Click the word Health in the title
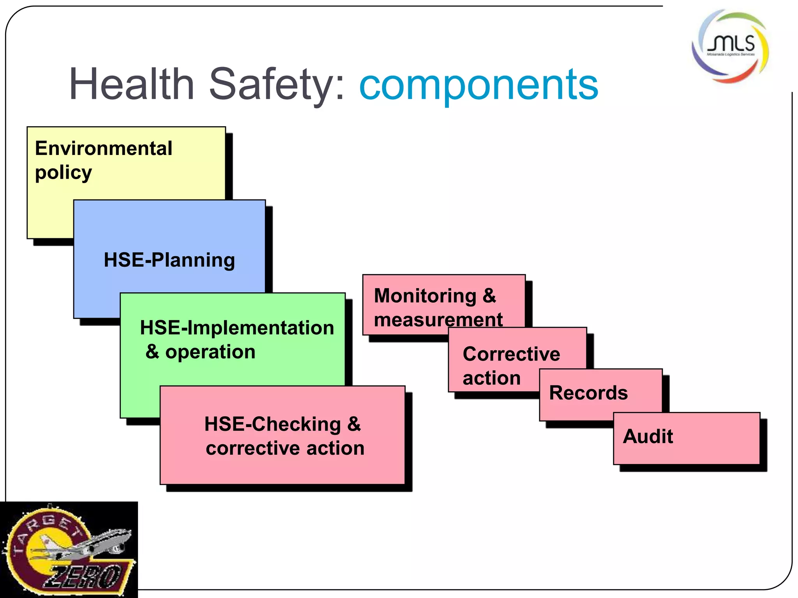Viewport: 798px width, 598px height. point(132,84)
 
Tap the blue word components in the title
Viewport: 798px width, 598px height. point(478,84)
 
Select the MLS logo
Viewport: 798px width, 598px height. point(730,46)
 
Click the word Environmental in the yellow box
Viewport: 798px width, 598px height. point(104,148)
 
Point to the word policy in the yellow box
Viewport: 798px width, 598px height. point(64,173)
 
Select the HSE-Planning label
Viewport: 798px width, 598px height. point(169,260)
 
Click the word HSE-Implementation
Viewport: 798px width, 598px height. point(237,328)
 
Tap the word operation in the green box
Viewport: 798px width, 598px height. point(210,352)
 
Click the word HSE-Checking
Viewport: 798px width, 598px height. point(272,424)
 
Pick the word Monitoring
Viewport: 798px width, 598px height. point(425,296)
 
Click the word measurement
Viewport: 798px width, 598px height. point(438,320)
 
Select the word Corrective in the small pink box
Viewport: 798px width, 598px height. point(511,354)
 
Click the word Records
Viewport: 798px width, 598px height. point(588,393)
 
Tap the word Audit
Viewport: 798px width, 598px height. point(648,436)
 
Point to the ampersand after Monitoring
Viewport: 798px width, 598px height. point(489,296)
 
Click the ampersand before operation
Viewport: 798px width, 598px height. point(152,352)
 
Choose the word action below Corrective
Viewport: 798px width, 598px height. point(491,378)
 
